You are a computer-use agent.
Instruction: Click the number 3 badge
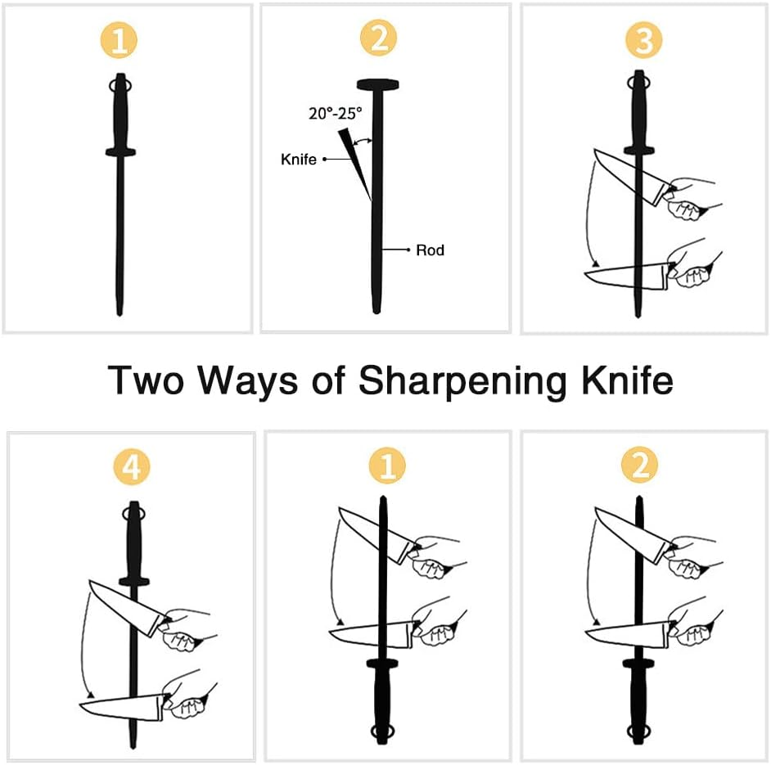point(642,41)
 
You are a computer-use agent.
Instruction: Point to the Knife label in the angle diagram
point(299,159)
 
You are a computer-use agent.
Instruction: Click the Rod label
point(430,250)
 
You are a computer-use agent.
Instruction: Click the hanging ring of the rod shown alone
point(119,85)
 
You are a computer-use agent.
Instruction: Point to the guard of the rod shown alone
point(119,151)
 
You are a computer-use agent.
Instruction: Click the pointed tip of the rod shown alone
point(119,311)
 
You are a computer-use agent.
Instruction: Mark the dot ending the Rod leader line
point(408,250)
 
